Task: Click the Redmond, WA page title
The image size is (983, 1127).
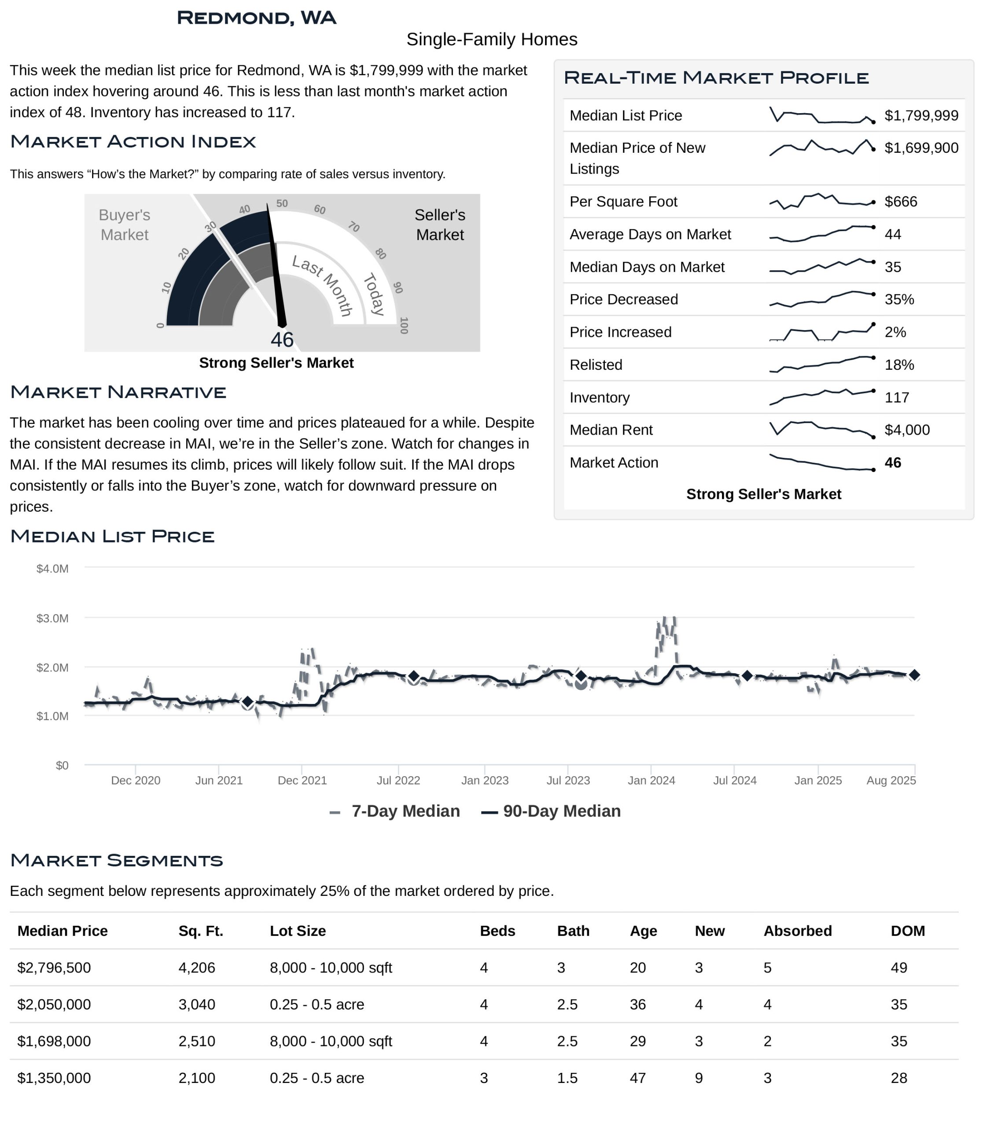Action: pos(256,18)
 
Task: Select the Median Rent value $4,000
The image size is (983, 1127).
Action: pos(907,430)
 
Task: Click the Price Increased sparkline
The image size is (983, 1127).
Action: pos(822,332)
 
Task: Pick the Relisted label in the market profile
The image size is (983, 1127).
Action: pos(596,365)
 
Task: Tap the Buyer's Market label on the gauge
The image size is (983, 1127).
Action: pos(125,225)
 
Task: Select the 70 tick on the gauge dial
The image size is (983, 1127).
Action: pos(354,227)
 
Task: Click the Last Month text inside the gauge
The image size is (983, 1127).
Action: pos(323,285)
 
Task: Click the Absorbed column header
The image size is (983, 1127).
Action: pos(797,931)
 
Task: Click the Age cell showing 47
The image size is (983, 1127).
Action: pos(637,1078)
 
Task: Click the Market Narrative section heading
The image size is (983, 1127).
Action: pos(118,392)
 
